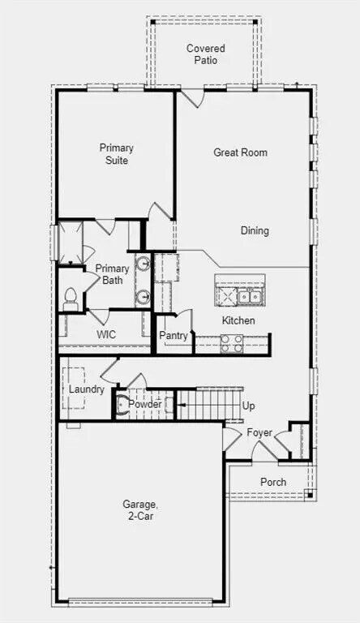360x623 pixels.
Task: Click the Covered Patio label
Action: pyautogui.click(x=206, y=54)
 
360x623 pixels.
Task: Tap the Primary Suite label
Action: pyautogui.click(x=117, y=154)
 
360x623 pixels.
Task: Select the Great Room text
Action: pyautogui.click(x=240, y=153)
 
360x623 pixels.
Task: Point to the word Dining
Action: pyautogui.click(x=255, y=231)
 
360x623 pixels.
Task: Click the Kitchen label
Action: pyautogui.click(x=238, y=320)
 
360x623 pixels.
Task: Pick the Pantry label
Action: pyautogui.click(x=174, y=336)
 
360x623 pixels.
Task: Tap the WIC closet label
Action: pyautogui.click(x=106, y=334)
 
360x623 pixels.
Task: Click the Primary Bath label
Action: pyautogui.click(x=112, y=275)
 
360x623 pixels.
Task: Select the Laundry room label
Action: pyautogui.click(x=86, y=389)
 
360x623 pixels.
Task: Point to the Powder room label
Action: pyautogui.click(x=145, y=404)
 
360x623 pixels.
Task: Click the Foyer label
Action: pyautogui.click(x=259, y=432)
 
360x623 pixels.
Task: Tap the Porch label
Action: pyautogui.click(x=272, y=482)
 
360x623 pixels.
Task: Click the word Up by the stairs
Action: pyautogui.click(x=249, y=406)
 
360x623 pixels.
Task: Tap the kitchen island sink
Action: pyautogui.click(x=248, y=296)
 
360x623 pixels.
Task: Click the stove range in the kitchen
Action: pyautogui.click(x=232, y=344)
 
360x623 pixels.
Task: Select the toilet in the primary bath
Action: pyautogui.click(x=70, y=298)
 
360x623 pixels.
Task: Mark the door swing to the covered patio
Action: pyautogui.click(x=191, y=99)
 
